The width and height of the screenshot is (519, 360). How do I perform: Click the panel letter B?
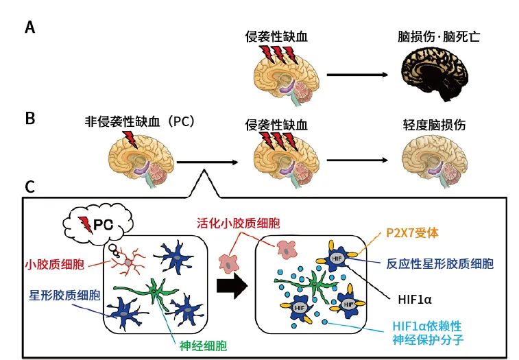coord(29,118)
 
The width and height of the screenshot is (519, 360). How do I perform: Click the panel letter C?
coord(30,186)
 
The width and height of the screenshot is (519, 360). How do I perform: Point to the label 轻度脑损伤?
coord(434,125)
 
